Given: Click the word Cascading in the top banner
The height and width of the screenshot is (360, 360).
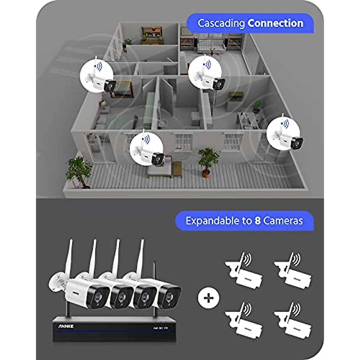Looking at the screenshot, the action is point(221,23).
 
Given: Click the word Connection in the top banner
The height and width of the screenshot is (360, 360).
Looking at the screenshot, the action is point(275,23).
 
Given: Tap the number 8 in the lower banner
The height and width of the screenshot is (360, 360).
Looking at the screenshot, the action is point(257,221).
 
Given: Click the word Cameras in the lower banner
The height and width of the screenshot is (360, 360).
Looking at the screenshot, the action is point(283,221).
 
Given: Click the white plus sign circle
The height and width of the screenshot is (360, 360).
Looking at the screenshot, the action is point(208,298).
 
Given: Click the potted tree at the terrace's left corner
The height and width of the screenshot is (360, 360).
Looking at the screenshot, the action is point(78,172).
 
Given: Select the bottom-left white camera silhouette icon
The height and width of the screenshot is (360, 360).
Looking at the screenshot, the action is point(243,321).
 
